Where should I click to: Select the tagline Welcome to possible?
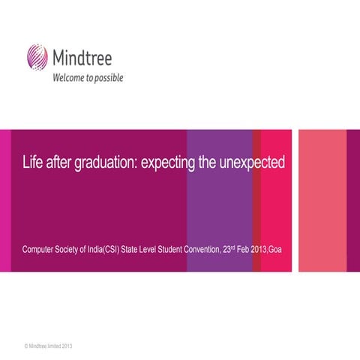[x=86, y=77]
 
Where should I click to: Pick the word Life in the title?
[x=32, y=163]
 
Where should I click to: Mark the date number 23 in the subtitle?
[x=229, y=248]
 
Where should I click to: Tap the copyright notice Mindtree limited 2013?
[x=49, y=346]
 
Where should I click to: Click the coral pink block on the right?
[x=322, y=199]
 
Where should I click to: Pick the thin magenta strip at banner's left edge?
[x=5, y=199]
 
